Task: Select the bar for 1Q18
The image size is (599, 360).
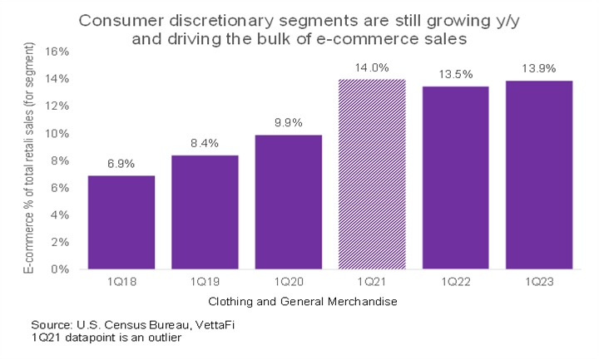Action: coord(121,222)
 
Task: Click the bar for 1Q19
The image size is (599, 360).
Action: coord(205,212)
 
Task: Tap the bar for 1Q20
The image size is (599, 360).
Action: coord(288,202)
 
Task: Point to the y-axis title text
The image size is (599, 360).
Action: coord(27,160)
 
